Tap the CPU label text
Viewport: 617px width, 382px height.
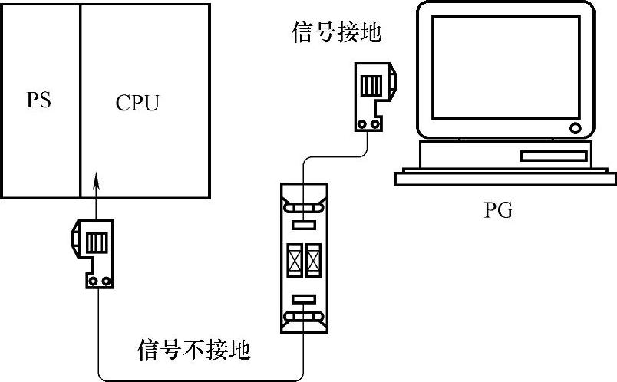pos(138,102)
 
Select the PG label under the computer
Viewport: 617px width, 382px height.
pos(499,209)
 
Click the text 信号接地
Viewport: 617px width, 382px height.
pos(337,33)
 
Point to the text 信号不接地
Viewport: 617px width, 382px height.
pos(194,351)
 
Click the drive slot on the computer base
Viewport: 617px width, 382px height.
pos(553,156)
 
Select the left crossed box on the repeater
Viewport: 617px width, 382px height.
pos(295,261)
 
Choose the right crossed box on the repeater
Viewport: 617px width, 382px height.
pos(313,261)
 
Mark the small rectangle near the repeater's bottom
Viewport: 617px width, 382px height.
pos(303,298)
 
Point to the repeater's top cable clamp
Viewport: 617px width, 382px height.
pos(303,207)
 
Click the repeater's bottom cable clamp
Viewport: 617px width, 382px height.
pos(303,316)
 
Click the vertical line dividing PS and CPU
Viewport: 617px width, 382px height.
pos(81,100)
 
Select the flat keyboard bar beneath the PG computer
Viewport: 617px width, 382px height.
pos(505,179)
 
